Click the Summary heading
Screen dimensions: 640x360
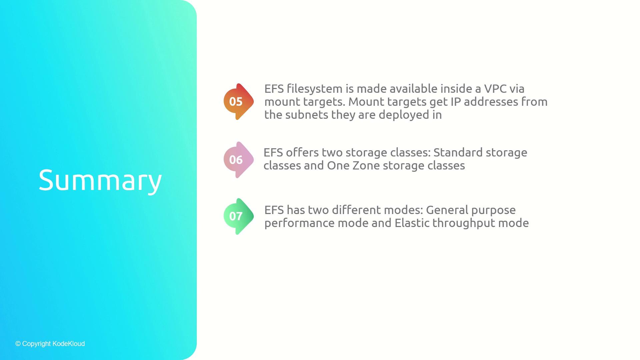point(100,180)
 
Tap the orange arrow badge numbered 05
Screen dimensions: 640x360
point(238,102)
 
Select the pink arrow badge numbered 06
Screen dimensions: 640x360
point(238,160)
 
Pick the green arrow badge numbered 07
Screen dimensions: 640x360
point(238,216)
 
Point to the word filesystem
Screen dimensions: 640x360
point(315,89)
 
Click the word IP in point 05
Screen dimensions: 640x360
point(455,102)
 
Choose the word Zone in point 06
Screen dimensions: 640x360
point(365,165)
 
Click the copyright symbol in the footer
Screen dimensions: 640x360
point(18,344)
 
